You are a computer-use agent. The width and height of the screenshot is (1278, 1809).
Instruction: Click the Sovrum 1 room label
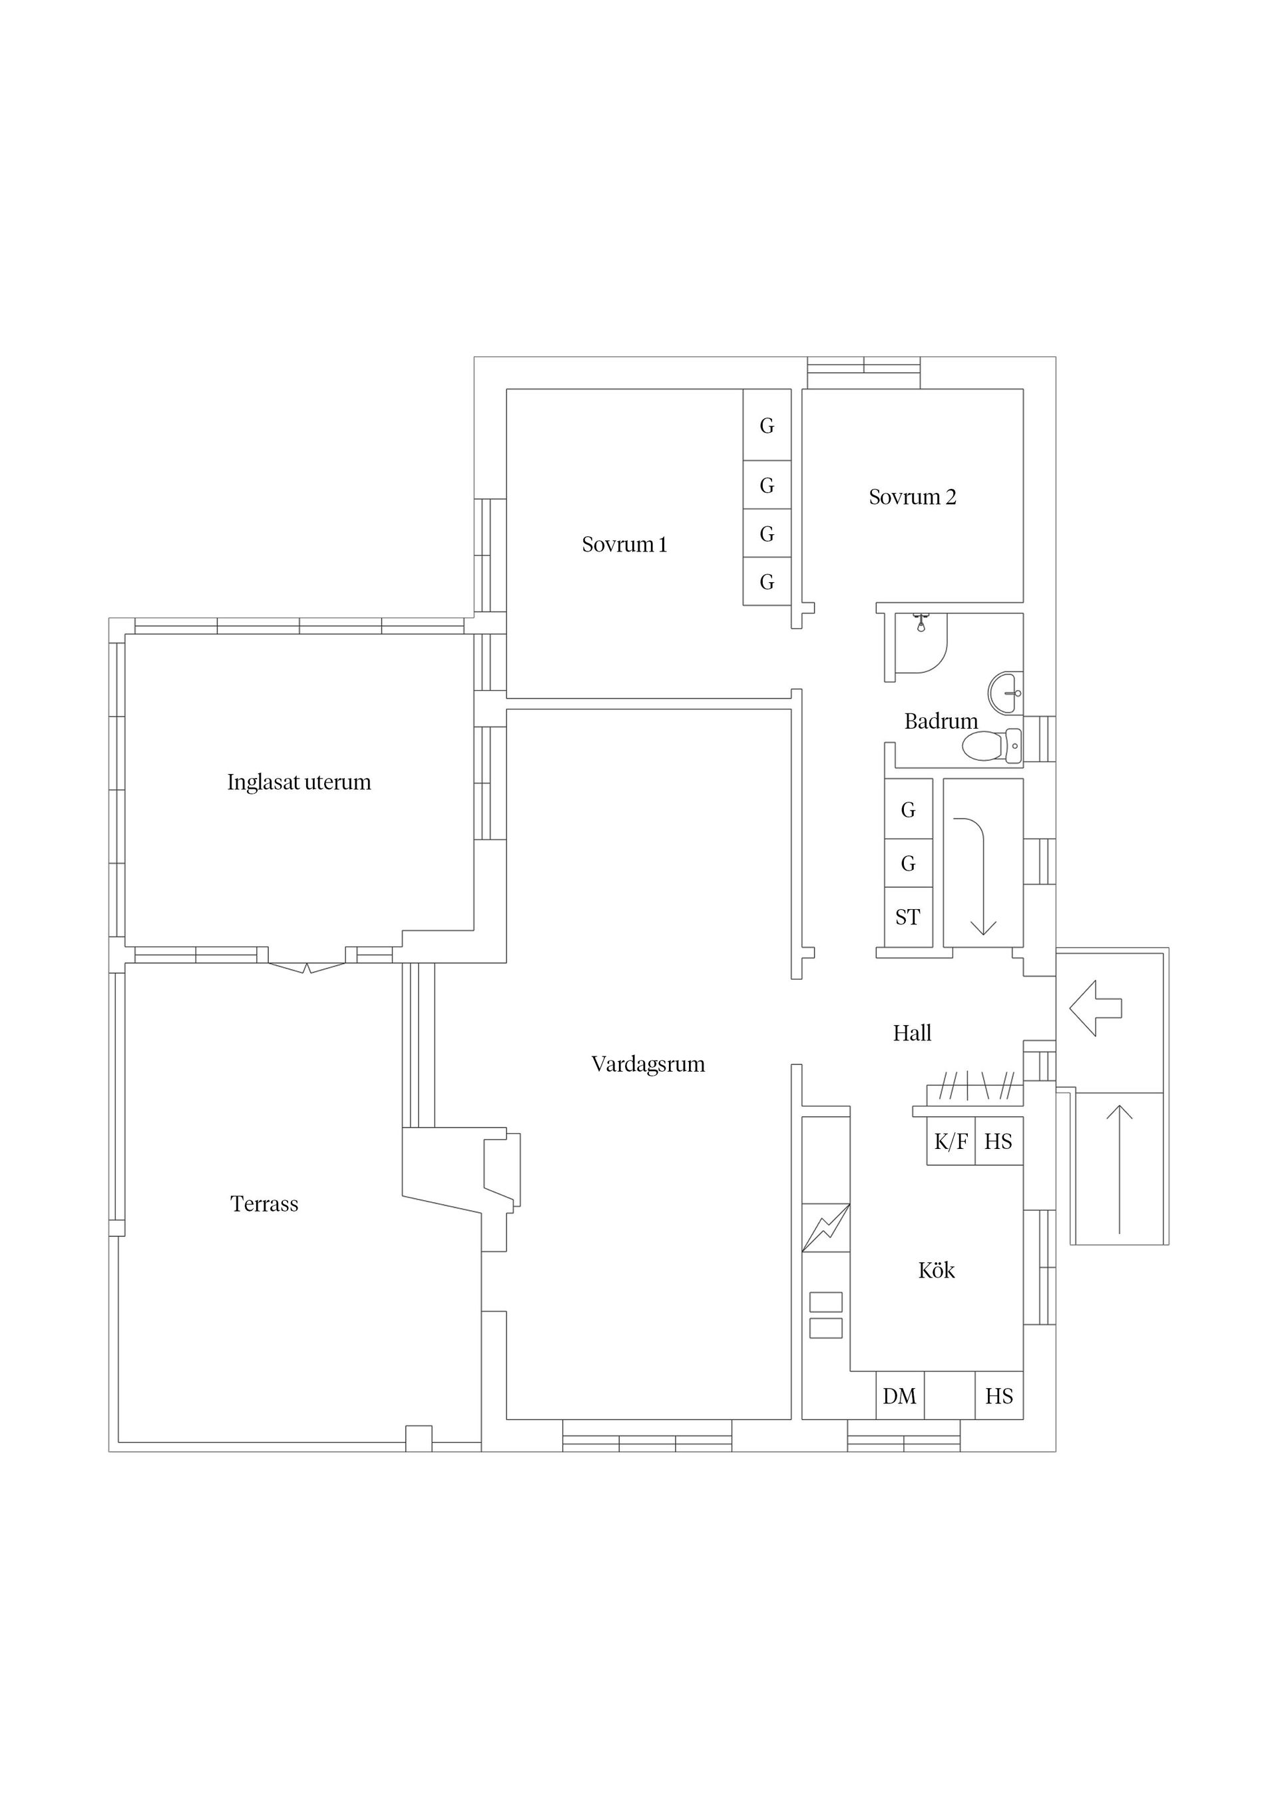(624, 544)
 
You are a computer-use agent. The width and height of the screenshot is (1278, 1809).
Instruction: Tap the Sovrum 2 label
(912, 497)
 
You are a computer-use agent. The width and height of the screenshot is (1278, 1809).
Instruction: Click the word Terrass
(264, 1204)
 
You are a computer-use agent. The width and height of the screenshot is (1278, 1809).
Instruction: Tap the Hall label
(912, 1033)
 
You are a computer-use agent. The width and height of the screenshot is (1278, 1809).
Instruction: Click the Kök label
(937, 1270)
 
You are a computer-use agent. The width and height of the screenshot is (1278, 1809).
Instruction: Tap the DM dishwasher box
(899, 1396)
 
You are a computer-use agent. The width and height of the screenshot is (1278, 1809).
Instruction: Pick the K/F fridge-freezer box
(951, 1142)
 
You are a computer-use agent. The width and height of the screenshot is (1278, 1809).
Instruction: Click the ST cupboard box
(907, 917)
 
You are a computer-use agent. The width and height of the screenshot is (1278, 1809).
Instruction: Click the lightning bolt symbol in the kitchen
(825, 1228)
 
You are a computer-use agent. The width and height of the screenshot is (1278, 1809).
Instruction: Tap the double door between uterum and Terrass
(307, 966)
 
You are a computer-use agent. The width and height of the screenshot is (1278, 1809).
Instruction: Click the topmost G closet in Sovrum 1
(766, 426)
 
